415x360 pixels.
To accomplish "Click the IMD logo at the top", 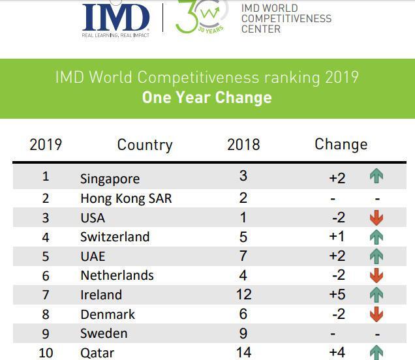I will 116,18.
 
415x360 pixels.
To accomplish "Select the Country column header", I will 144,145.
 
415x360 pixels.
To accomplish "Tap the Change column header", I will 341,144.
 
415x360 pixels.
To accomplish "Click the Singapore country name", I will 110,179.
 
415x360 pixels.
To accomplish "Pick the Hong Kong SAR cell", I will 125,198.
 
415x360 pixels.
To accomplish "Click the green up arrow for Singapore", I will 376,175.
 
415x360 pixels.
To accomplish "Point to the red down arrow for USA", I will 376,218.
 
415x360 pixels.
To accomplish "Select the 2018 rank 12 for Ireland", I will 243,295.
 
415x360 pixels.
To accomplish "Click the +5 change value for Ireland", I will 337,295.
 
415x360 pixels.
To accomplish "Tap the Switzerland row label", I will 115,237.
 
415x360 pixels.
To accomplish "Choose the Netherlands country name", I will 117,275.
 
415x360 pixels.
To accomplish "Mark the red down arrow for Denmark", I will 376,314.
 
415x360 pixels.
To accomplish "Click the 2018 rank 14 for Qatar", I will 243,353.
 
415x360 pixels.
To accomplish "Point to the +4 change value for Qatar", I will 337,353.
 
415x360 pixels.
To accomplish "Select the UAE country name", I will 93,256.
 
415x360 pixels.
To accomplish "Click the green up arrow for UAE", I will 376,256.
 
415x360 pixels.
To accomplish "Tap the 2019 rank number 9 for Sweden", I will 46,333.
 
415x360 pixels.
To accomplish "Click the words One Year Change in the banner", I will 207,98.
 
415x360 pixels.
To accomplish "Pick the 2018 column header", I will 243,144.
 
